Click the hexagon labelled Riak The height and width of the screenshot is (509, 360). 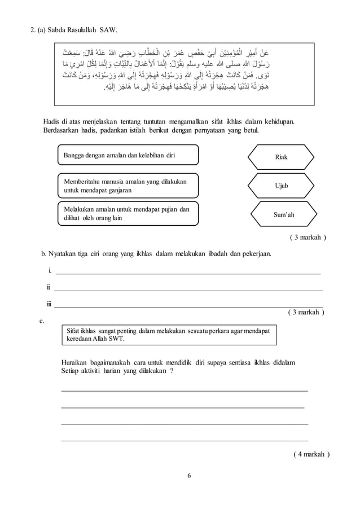[x=280, y=156]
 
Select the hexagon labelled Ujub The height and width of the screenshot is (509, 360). [x=280, y=185]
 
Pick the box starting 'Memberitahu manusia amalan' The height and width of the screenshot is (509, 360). [x=127, y=186]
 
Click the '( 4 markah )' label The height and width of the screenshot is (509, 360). [x=311, y=453]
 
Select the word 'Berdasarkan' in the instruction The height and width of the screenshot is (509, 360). [x=63, y=131]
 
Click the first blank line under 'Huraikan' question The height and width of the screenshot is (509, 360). [x=184, y=389]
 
